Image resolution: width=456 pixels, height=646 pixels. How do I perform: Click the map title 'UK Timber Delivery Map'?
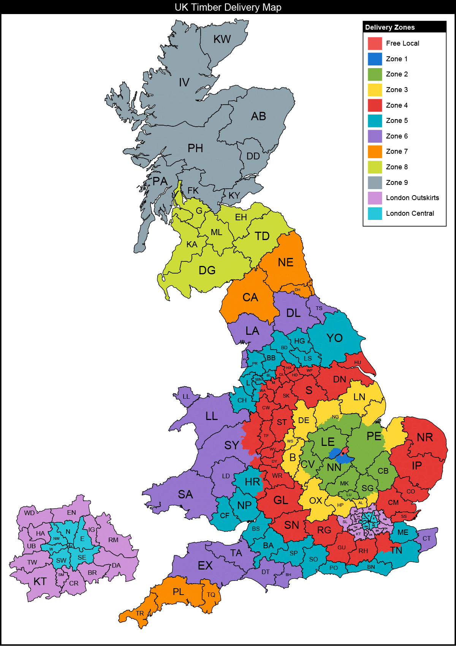pos(228,7)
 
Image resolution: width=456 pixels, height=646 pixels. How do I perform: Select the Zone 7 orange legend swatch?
pos(375,151)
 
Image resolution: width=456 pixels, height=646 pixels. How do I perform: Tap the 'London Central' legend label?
pos(410,213)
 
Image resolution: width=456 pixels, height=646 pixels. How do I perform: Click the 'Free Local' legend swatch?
pos(375,43)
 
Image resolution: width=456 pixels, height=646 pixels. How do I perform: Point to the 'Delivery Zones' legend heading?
pos(390,27)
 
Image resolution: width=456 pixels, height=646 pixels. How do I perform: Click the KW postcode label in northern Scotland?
pos(222,39)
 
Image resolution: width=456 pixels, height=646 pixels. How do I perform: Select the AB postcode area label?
pos(258,116)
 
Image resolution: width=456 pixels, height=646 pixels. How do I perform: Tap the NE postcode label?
pos(285,263)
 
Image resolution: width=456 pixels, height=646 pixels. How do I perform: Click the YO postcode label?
pos(334,338)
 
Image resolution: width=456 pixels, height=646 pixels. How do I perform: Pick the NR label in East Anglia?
pos(424,438)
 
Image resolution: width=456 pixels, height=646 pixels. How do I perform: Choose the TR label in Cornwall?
pos(140,613)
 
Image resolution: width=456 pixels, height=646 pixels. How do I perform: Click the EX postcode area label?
pos(205,566)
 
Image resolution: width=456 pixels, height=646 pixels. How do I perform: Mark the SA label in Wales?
pos(185,495)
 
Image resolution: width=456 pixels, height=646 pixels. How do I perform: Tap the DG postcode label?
pos(207,270)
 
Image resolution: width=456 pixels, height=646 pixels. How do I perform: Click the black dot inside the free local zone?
pos(343,453)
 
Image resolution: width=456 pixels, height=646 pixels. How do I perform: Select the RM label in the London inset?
pos(113,540)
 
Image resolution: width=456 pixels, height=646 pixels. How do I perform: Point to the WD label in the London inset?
pos(29,513)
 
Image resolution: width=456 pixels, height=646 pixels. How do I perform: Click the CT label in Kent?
pos(426,538)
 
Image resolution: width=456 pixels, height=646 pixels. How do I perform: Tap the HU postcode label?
pos(358,363)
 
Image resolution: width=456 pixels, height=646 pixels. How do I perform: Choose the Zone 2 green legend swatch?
pos(375,74)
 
